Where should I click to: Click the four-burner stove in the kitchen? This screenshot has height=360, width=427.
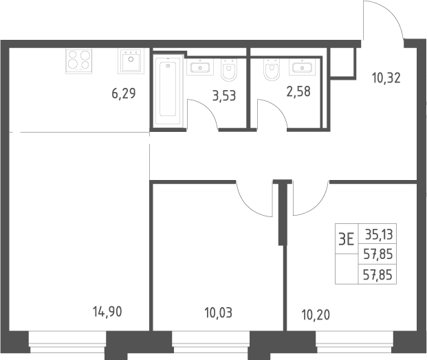coord(78,61)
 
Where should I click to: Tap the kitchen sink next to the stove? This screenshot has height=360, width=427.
coord(131,61)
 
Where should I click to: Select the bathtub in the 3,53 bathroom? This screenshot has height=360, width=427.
coord(168,90)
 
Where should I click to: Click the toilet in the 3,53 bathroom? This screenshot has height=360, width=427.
coord(229,69)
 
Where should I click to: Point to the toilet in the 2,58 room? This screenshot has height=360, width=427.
coord(272,69)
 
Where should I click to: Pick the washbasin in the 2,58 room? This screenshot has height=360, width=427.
coord(303,67)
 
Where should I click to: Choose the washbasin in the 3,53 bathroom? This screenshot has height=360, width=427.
coord(200,67)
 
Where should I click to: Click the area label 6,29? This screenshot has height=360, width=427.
coord(123,93)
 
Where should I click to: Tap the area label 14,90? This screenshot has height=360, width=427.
coord(107,312)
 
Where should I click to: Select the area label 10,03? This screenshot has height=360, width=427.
coord(219,313)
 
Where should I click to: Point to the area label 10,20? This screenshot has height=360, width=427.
coord(316,315)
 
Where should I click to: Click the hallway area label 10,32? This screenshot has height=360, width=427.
coord(386,78)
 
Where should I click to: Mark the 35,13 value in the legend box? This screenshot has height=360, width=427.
coord(379,234)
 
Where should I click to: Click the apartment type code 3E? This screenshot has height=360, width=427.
coord(347,240)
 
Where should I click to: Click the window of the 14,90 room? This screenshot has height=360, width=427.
coord(67,342)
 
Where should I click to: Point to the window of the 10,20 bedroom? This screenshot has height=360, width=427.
coord(354,342)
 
